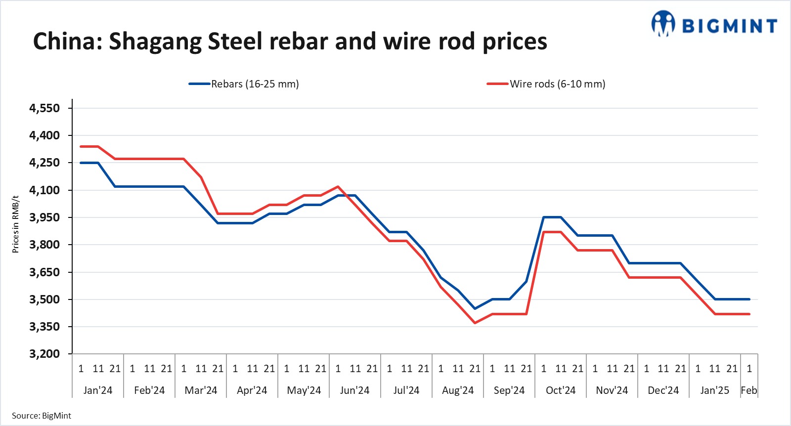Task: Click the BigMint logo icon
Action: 663,24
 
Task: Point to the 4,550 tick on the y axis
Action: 44,108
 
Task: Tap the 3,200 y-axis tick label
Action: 44,354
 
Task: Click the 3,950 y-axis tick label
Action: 44,217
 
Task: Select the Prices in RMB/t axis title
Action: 15,224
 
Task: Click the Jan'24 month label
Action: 98,390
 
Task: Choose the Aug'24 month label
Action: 458,390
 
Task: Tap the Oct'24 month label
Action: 561,390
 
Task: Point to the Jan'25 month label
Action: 715,390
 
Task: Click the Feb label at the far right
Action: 748,390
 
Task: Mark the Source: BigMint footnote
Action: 42,416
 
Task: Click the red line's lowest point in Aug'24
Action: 475,323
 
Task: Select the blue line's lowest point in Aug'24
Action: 475,308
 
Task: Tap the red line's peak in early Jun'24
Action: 338,187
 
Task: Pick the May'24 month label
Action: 304,390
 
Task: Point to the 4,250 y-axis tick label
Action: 44,163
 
